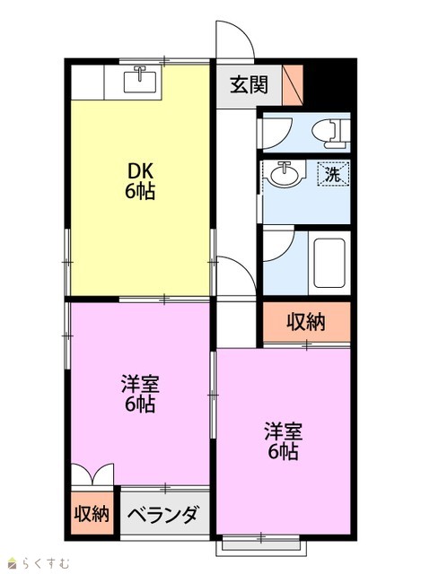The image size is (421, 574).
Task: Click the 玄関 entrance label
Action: tap(249, 85)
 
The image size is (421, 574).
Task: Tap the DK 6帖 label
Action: tap(140, 181)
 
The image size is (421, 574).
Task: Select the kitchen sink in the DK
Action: tap(140, 80)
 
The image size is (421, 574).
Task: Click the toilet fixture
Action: tap(330, 134)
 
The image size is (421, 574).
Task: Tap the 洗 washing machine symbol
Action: tap(333, 173)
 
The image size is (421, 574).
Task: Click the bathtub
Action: tap(329, 263)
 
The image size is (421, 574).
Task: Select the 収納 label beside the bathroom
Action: tap(306, 322)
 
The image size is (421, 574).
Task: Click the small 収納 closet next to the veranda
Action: tap(92, 513)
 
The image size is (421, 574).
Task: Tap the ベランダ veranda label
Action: tap(163, 514)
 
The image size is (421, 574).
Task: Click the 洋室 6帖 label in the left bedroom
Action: tap(140, 394)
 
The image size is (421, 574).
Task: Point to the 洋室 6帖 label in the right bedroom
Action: tap(284, 441)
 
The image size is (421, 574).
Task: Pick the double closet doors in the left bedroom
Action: tap(92, 474)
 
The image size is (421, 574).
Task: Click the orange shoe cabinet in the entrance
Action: tap(293, 85)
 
